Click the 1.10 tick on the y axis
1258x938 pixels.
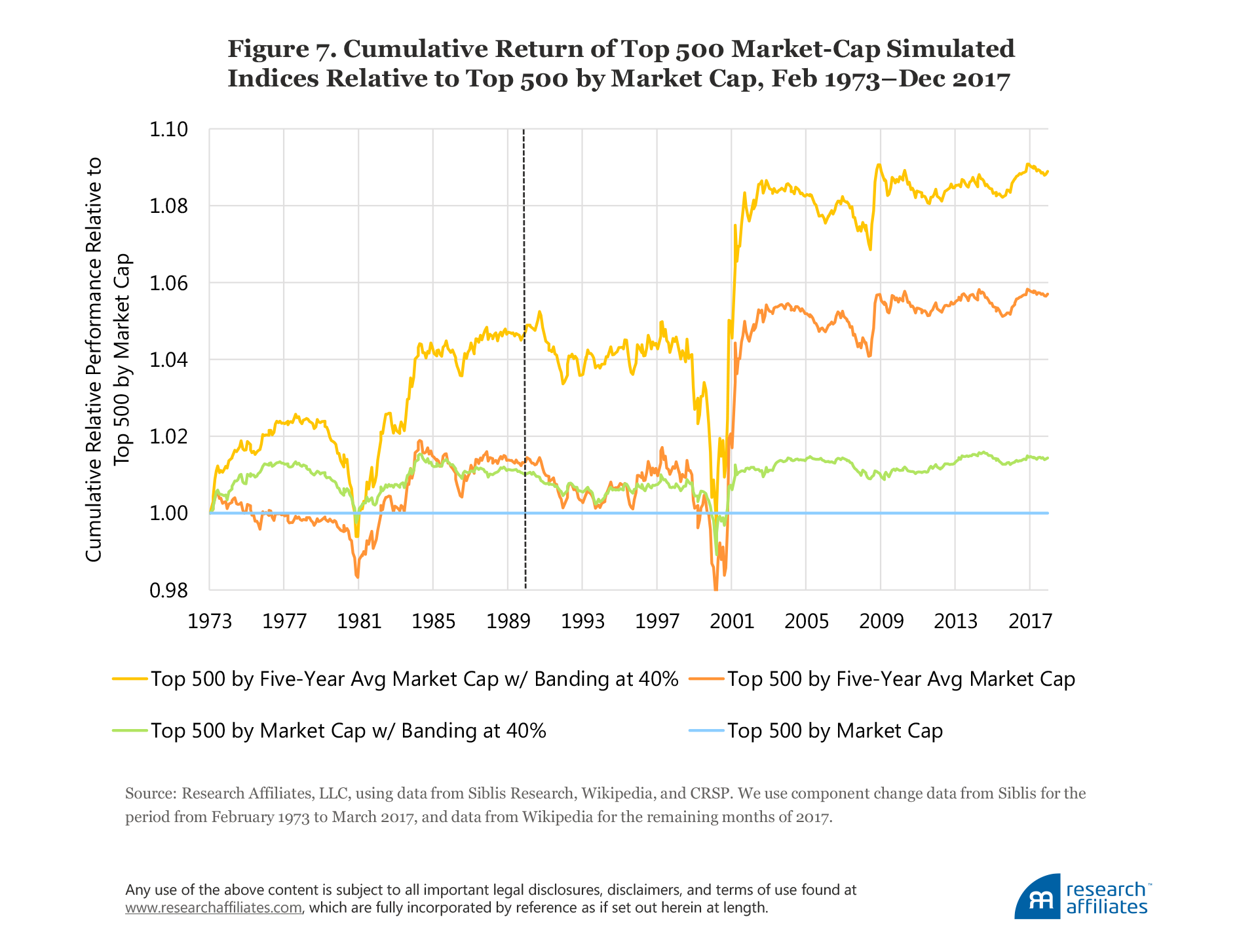click(x=168, y=130)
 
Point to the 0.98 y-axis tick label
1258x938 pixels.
click(x=168, y=591)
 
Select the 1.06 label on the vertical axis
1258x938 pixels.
click(x=168, y=284)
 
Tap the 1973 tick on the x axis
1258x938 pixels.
click(x=210, y=621)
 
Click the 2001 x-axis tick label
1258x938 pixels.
click(x=732, y=621)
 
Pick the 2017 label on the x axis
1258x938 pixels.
click(x=1030, y=621)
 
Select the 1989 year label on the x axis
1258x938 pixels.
click(x=508, y=621)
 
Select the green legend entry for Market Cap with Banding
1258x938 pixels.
click(x=348, y=730)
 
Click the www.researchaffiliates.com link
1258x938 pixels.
click(x=214, y=908)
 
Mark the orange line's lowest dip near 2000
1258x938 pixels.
click(x=715, y=590)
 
